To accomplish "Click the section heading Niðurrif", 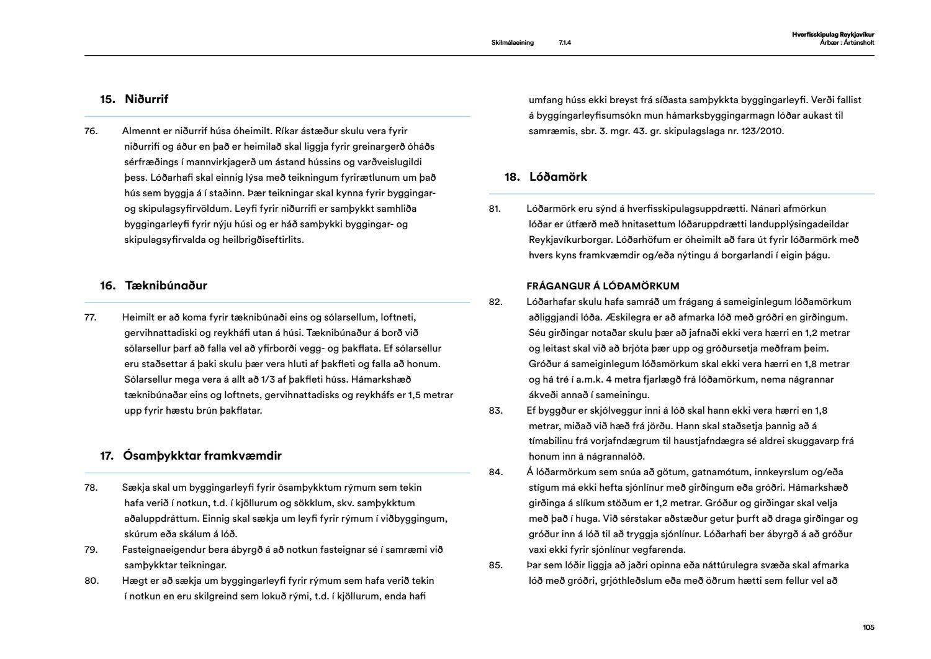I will click(x=146, y=99).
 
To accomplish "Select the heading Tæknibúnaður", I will click(x=166, y=286).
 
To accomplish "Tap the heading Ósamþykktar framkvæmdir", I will click(x=202, y=456).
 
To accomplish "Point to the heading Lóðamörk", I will click(x=558, y=177).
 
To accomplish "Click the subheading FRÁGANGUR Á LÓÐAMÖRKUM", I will click(x=603, y=286).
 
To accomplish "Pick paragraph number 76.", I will click(x=91, y=131).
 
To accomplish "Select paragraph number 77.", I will click(x=91, y=317).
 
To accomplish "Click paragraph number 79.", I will click(x=91, y=550).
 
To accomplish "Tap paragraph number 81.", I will click(x=495, y=209).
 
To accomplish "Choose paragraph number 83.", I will click(x=495, y=411).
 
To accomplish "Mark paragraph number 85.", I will click(x=495, y=565).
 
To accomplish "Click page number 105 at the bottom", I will click(x=868, y=627).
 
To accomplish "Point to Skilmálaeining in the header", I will click(x=512, y=43).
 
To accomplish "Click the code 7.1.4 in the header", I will click(x=564, y=43).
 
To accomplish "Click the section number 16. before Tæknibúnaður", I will click(x=108, y=286).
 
